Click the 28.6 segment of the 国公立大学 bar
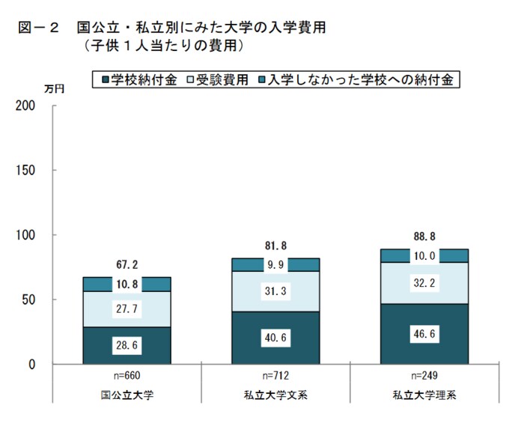click(127, 346)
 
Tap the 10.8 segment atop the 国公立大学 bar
click(127, 285)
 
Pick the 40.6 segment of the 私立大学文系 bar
click(275, 338)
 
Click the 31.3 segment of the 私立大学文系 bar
click(275, 291)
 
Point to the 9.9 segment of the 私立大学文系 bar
click(275, 264)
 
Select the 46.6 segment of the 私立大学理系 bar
click(424, 334)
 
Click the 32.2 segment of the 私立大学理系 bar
click(424, 284)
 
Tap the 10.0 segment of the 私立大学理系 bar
click(424, 256)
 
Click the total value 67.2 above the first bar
click(127, 264)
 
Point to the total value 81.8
click(275, 246)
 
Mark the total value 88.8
click(424, 237)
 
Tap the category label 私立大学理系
click(424, 393)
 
